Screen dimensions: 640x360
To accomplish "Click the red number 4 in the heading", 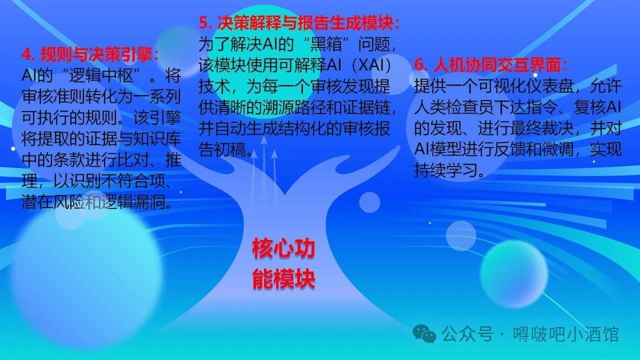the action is (x=27, y=54).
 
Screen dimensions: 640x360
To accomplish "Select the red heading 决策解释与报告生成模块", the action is (x=305, y=23).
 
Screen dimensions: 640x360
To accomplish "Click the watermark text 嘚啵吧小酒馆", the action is (x=565, y=334).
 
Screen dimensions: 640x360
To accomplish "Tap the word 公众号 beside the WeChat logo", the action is (x=467, y=334).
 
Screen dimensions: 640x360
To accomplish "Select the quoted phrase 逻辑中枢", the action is (x=101, y=75).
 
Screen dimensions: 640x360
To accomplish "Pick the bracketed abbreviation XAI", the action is (x=371, y=65).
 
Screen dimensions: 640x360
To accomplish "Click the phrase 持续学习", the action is (x=446, y=170).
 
